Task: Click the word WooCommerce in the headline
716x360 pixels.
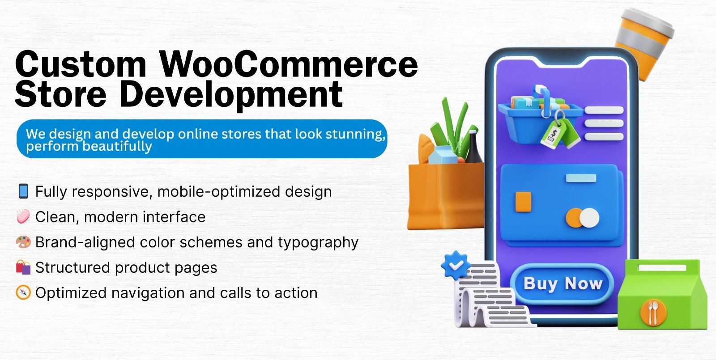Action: point(289,65)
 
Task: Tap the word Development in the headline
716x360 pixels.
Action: point(231,95)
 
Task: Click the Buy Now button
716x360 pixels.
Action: point(563,284)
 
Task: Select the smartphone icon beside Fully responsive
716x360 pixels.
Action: point(23,191)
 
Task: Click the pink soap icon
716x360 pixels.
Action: point(23,216)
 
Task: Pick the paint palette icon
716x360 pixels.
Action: point(23,242)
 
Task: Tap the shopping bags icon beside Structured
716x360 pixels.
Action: point(23,267)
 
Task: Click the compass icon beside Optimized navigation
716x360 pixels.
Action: point(23,292)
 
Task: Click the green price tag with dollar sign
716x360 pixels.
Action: point(554,134)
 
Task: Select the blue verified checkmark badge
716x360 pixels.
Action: point(456,265)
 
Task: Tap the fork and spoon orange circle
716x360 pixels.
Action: point(653,313)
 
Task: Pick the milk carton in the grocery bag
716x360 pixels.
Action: point(443,155)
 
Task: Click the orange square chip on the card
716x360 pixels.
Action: point(523,202)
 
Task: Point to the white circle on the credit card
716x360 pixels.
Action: point(589,218)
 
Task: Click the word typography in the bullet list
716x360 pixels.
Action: point(318,243)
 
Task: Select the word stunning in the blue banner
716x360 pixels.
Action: point(355,134)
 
